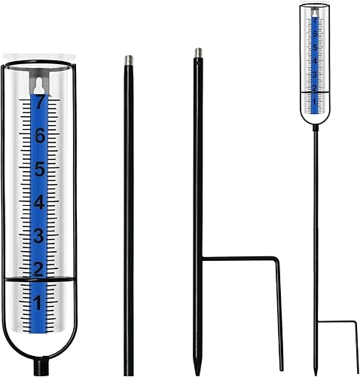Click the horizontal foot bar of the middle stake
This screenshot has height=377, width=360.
(x=241, y=259)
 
